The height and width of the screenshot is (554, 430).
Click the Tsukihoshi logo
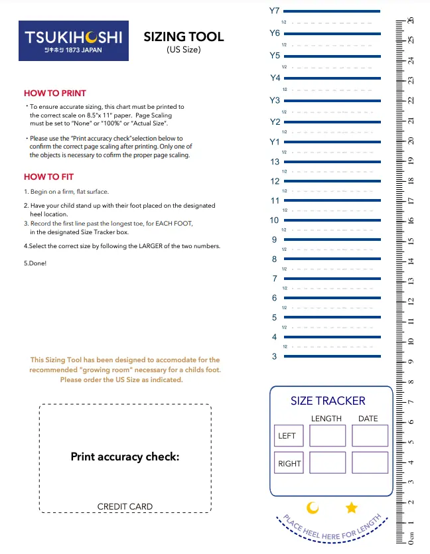point(74,41)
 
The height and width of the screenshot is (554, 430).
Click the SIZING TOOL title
point(184,37)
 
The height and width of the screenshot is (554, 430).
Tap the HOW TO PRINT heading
point(55,94)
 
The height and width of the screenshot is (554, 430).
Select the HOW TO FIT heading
point(49,177)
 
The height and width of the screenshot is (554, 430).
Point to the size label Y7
point(275,11)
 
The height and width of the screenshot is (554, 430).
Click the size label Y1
point(275,142)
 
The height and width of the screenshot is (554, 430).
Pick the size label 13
point(275,162)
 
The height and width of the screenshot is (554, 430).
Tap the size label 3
point(275,357)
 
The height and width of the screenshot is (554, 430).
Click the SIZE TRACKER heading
point(328,401)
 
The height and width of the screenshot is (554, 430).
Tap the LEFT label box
point(287,436)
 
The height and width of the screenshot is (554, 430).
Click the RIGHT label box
point(289,463)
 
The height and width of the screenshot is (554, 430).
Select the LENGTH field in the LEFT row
point(328,436)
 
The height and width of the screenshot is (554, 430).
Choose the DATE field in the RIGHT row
point(370,462)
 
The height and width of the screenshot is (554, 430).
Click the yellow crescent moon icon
point(313,508)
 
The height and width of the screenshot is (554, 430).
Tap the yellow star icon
point(352,508)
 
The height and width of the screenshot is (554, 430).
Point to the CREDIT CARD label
point(125,507)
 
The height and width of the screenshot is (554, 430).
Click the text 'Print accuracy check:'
point(125,457)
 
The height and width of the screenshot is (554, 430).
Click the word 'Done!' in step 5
point(38,263)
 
